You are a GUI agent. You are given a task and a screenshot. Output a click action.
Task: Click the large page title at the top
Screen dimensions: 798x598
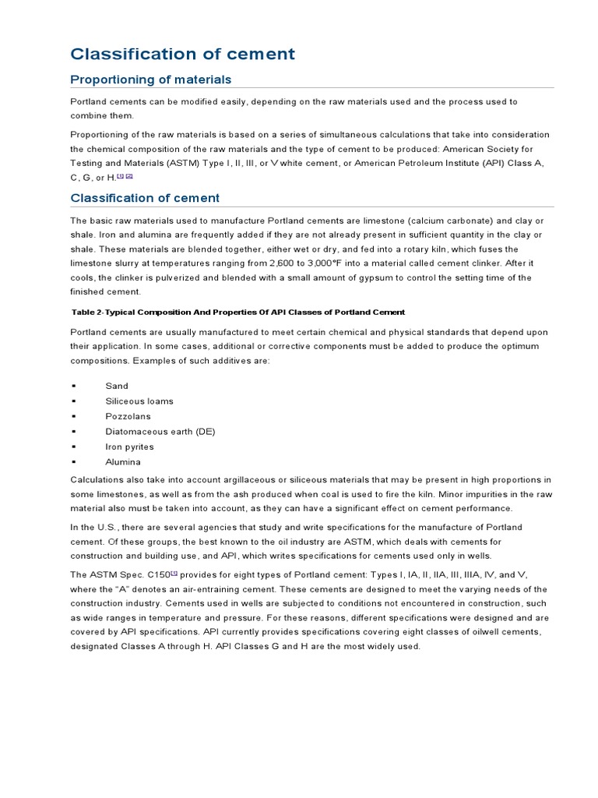click(x=183, y=54)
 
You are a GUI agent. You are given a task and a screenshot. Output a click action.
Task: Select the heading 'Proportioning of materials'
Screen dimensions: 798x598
click(x=150, y=79)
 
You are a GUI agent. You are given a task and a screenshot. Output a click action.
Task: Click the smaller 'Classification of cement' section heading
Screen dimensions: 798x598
click(x=145, y=198)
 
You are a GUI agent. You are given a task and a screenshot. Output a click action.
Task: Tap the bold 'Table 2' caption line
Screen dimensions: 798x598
click(x=237, y=312)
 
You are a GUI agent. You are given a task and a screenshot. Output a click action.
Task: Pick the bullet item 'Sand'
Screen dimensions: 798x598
click(x=117, y=386)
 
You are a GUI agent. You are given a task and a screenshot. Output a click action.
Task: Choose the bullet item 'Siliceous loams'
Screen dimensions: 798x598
click(x=139, y=401)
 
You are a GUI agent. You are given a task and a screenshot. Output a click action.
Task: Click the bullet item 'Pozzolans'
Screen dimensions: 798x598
click(x=128, y=416)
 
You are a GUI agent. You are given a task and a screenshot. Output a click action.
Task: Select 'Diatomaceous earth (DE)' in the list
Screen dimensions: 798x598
click(x=160, y=432)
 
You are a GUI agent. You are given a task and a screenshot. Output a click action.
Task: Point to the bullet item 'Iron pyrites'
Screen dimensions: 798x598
click(x=130, y=447)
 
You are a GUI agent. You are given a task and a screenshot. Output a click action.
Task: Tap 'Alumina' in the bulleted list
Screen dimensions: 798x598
click(x=123, y=462)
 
